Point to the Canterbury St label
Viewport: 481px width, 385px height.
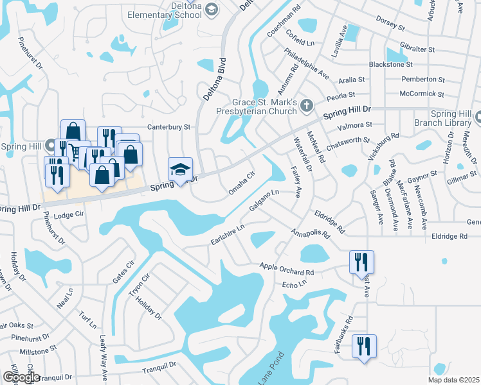click(169, 127)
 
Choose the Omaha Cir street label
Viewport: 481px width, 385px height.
click(242, 183)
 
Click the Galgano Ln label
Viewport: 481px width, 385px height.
click(264, 201)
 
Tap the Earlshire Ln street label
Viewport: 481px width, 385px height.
click(228, 234)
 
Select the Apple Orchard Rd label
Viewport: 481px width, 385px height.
click(286, 267)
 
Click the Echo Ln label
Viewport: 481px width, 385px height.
click(292, 284)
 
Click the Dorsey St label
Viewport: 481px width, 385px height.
click(390, 26)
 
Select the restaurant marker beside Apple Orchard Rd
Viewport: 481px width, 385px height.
click(361, 262)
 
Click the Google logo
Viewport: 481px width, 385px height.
click(21, 377)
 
